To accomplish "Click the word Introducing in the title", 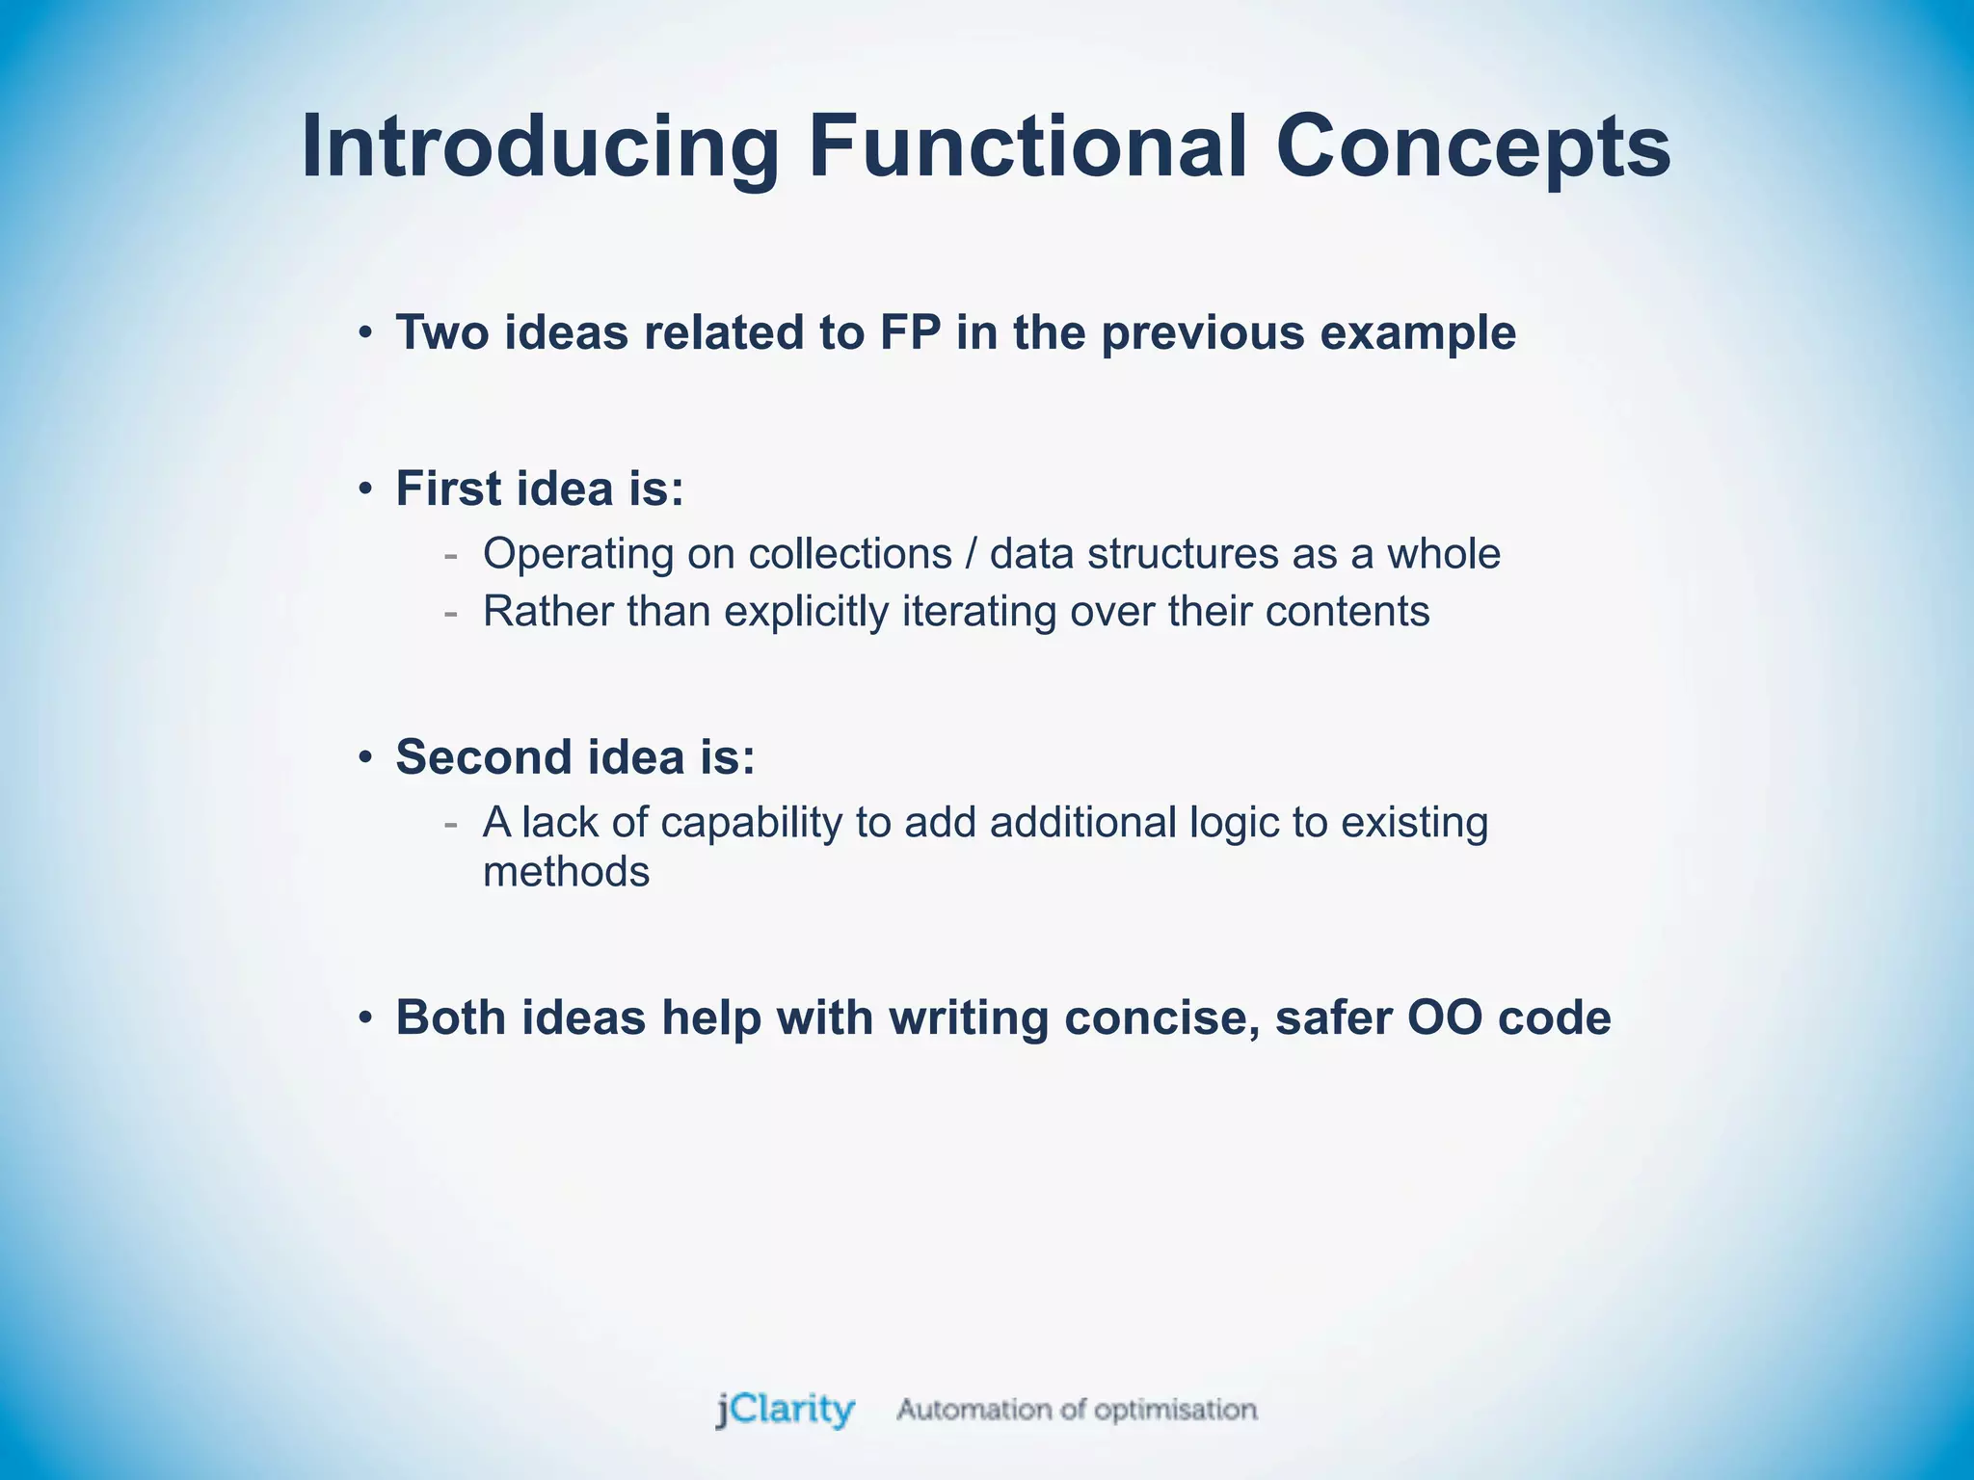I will coord(540,146).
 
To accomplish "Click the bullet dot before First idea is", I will coord(364,489).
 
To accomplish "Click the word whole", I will coord(1443,554).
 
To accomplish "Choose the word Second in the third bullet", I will coord(484,756).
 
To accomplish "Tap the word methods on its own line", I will coord(566,872).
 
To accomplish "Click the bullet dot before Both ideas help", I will coord(364,1018).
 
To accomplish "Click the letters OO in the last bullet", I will coord(1444,1018).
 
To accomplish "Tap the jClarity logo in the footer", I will coord(785,1410).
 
